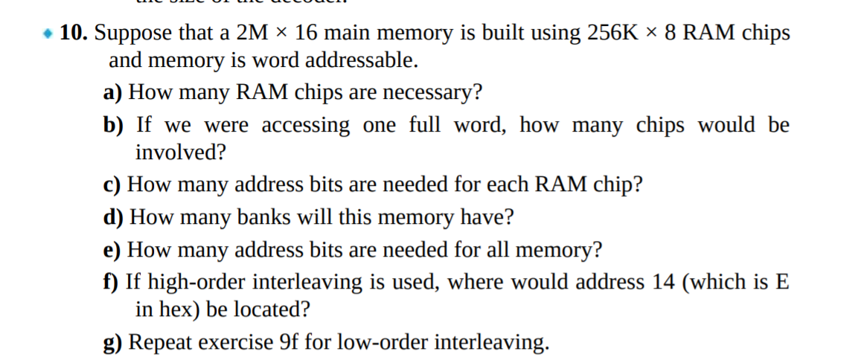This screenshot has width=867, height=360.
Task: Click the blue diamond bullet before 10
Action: click(x=48, y=34)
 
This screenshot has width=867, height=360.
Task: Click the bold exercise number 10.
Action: click(x=73, y=33)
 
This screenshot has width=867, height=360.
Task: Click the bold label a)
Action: click(x=112, y=93)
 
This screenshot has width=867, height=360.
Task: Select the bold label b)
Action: click(x=113, y=125)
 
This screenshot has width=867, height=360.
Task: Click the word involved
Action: click(x=179, y=152)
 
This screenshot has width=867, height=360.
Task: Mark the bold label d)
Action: click(x=113, y=217)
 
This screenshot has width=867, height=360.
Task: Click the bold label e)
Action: click(x=112, y=250)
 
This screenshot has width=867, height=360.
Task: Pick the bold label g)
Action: click(x=113, y=342)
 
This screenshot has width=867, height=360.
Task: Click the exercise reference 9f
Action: click(x=290, y=342)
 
